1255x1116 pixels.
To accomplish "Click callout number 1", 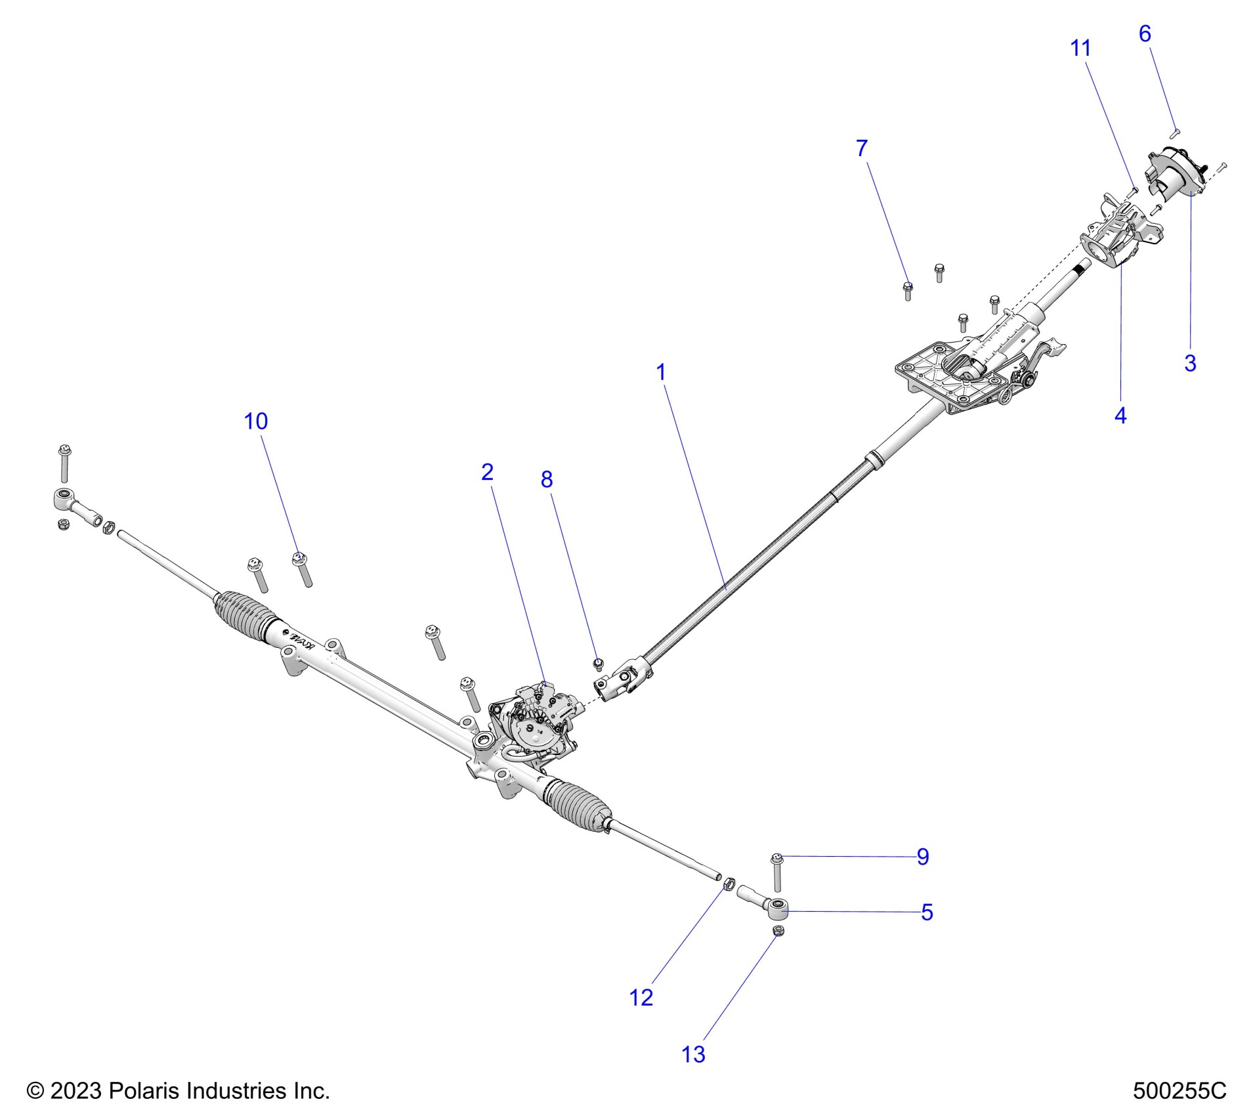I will tap(660, 372).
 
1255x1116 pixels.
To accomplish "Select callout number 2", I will tap(486, 472).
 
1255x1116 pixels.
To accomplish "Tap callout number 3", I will tap(1189, 363).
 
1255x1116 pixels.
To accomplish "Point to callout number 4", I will tap(1120, 416).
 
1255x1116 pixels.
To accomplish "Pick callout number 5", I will tap(926, 912).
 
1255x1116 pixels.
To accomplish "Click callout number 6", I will tap(1144, 34).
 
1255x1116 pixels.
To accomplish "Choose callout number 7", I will tap(862, 148).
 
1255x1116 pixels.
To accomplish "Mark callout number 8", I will tap(546, 480).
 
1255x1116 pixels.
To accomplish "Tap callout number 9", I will tap(922, 857).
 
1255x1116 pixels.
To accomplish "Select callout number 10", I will tap(255, 421).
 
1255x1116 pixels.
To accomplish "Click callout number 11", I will tap(1080, 48).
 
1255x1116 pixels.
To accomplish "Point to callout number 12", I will tap(641, 998).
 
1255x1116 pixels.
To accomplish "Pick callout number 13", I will tap(693, 1055).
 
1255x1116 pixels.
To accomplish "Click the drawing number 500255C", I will tap(1179, 1090).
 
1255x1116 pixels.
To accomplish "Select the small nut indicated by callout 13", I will tap(778, 931).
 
